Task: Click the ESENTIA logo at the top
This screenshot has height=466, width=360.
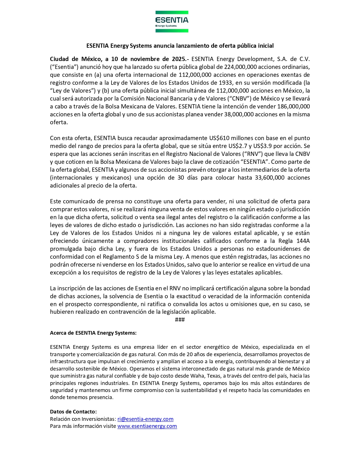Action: (x=172, y=21)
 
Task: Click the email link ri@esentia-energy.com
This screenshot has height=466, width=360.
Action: (x=145, y=419)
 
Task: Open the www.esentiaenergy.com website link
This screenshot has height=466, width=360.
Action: (x=147, y=426)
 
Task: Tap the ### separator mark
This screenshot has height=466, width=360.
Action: (x=180, y=319)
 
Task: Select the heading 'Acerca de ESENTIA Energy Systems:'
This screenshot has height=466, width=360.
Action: (x=93, y=333)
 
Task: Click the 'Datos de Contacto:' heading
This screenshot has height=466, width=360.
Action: (x=73, y=411)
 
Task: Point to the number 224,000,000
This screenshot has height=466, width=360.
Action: (x=241, y=67)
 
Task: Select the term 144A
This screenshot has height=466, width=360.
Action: (x=303, y=241)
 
